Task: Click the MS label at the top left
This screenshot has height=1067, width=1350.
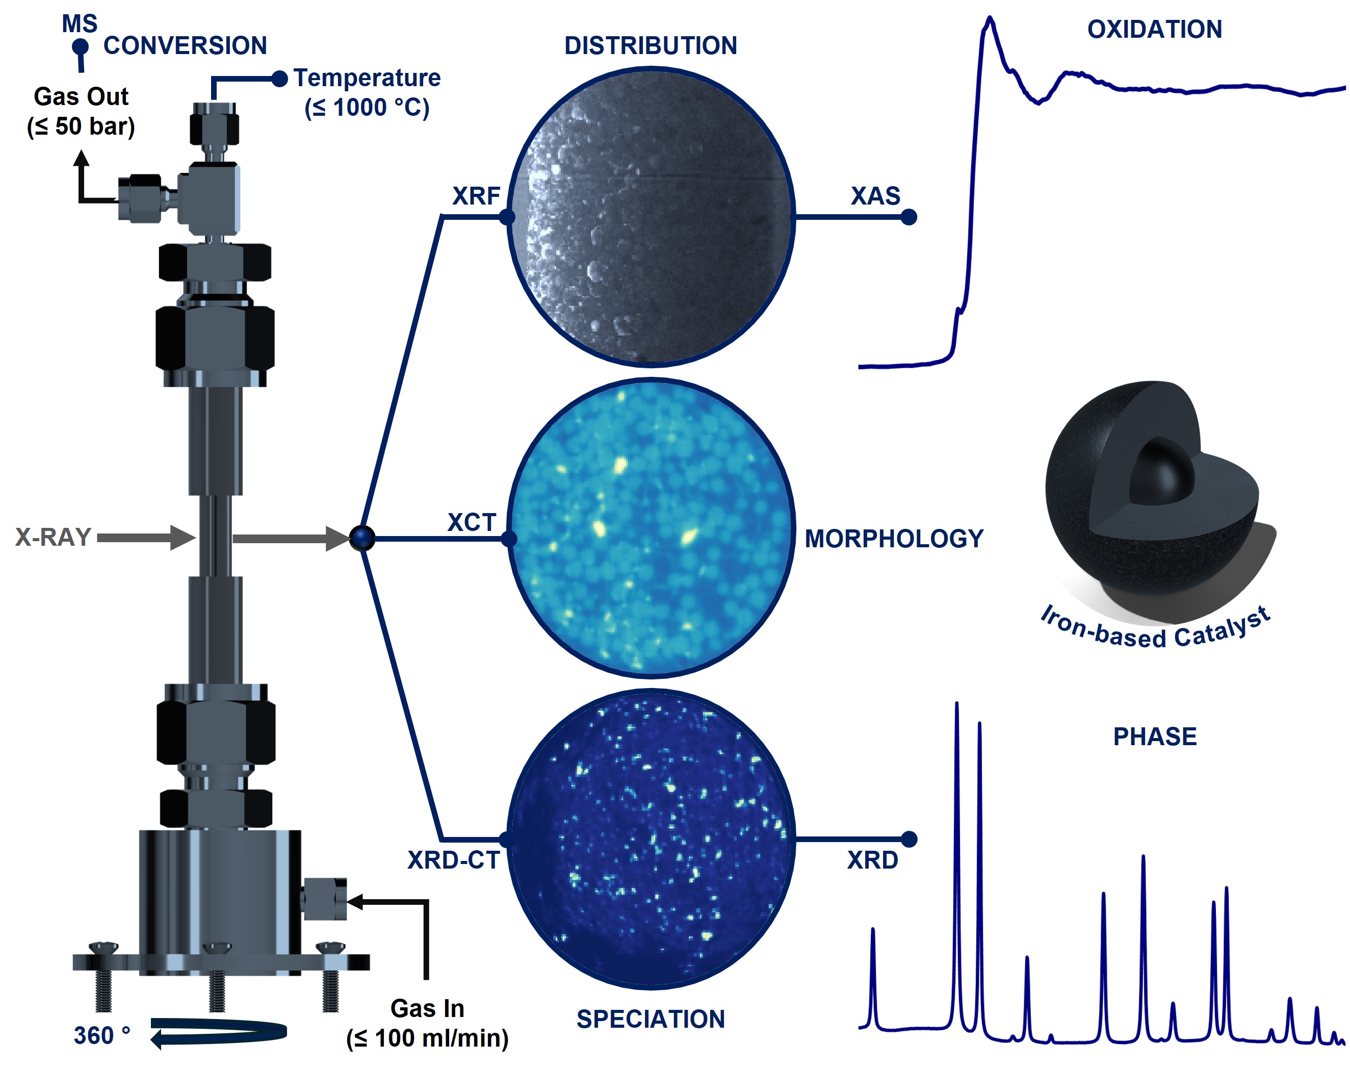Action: (x=80, y=24)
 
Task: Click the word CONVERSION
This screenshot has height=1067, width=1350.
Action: (x=185, y=45)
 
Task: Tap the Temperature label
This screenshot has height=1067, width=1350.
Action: (x=367, y=78)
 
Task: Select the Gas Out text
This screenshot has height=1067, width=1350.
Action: (x=81, y=97)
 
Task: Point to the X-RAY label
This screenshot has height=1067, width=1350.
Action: (x=53, y=537)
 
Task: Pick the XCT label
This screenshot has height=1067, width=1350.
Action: (x=472, y=522)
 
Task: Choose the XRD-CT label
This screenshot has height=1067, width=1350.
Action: (x=454, y=860)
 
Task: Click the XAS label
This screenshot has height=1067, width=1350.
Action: (x=875, y=196)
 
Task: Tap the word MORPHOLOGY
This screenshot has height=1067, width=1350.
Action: (x=894, y=539)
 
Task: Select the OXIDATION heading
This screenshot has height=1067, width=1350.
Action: (x=1155, y=30)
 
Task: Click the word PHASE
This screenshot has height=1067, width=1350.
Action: (x=1155, y=736)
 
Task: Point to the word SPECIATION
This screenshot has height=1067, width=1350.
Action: (x=651, y=1019)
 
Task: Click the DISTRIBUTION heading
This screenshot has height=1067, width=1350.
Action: (x=651, y=45)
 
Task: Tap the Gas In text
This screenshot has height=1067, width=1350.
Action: (x=427, y=1008)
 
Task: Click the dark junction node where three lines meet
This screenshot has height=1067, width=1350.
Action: (x=362, y=538)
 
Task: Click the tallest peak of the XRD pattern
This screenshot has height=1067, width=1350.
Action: (x=956, y=705)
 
